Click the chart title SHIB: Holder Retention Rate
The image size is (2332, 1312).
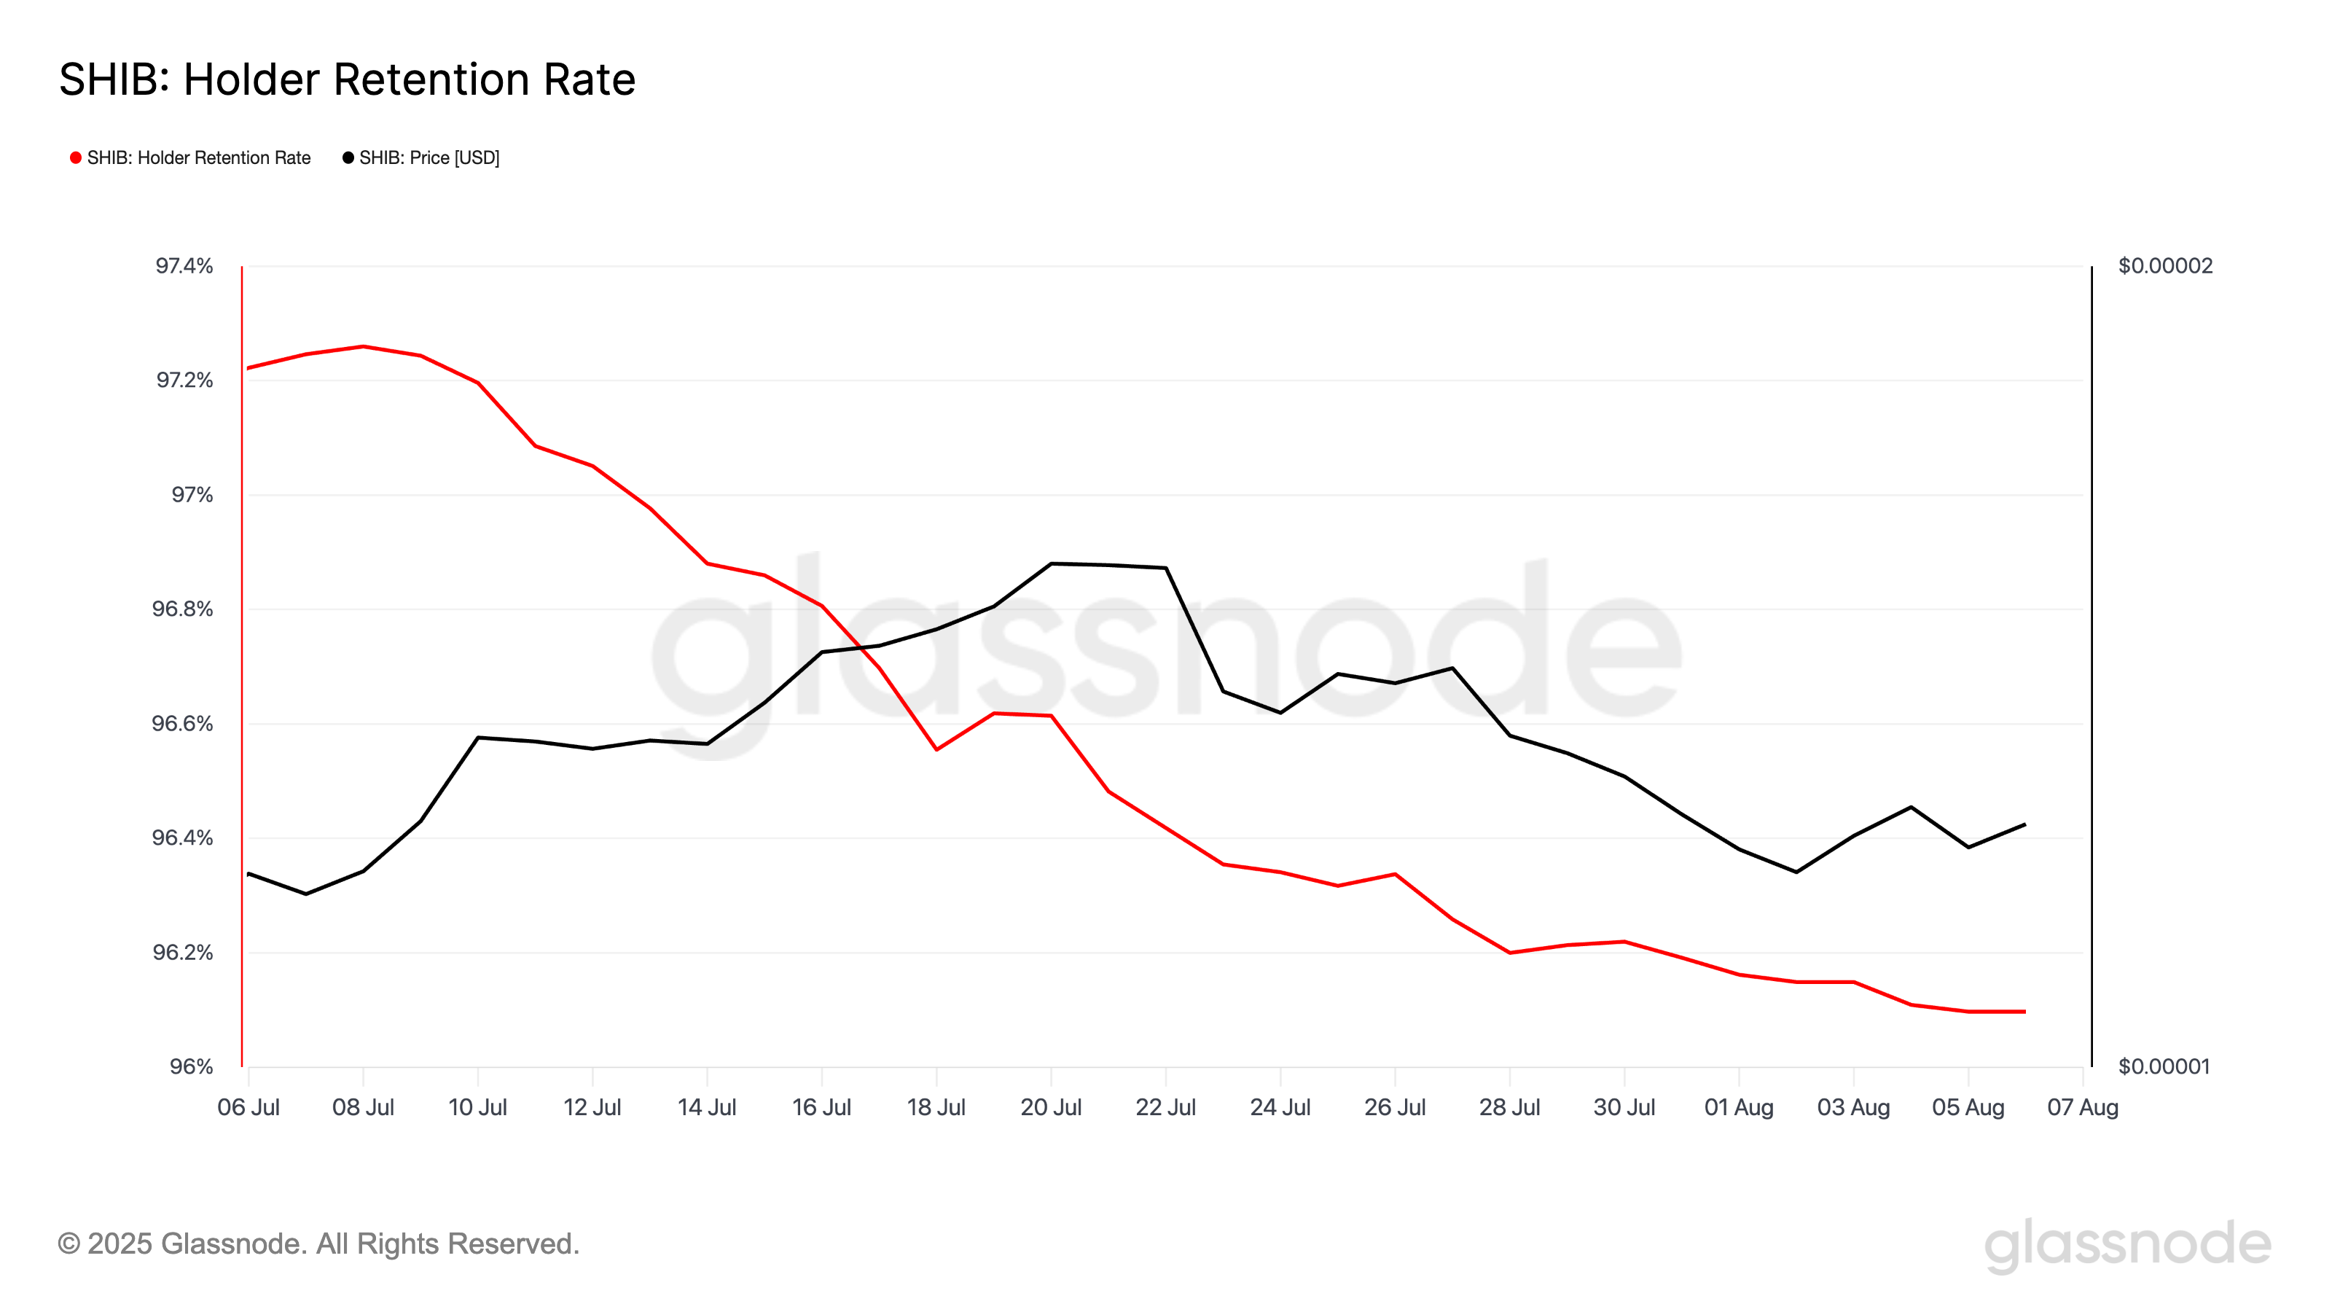tap(347, 79)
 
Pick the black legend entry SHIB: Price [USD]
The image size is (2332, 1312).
tap(421, 158)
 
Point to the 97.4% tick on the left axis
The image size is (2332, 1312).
tap(184, 266)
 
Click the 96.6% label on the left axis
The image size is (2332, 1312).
tap(182, 725)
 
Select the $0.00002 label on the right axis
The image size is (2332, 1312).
tap(2165, 266)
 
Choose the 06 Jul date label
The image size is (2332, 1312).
tap(248, 1108)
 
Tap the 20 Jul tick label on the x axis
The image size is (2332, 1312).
tap(1051, 1108)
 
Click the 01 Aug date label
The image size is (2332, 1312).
tap(1739, 1108)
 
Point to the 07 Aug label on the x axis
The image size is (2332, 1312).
tap(2083, 1108)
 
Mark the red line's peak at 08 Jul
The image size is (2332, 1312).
tap(363, 347)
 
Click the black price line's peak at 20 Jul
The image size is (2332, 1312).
tap(1051, 564)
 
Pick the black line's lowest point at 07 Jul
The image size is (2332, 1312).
tap(306, 894)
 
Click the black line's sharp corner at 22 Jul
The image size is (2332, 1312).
tap(1166, 569)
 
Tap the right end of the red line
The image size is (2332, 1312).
tap(2025, 1012)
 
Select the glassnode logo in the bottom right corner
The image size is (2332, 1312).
tap(2127, 1245)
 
